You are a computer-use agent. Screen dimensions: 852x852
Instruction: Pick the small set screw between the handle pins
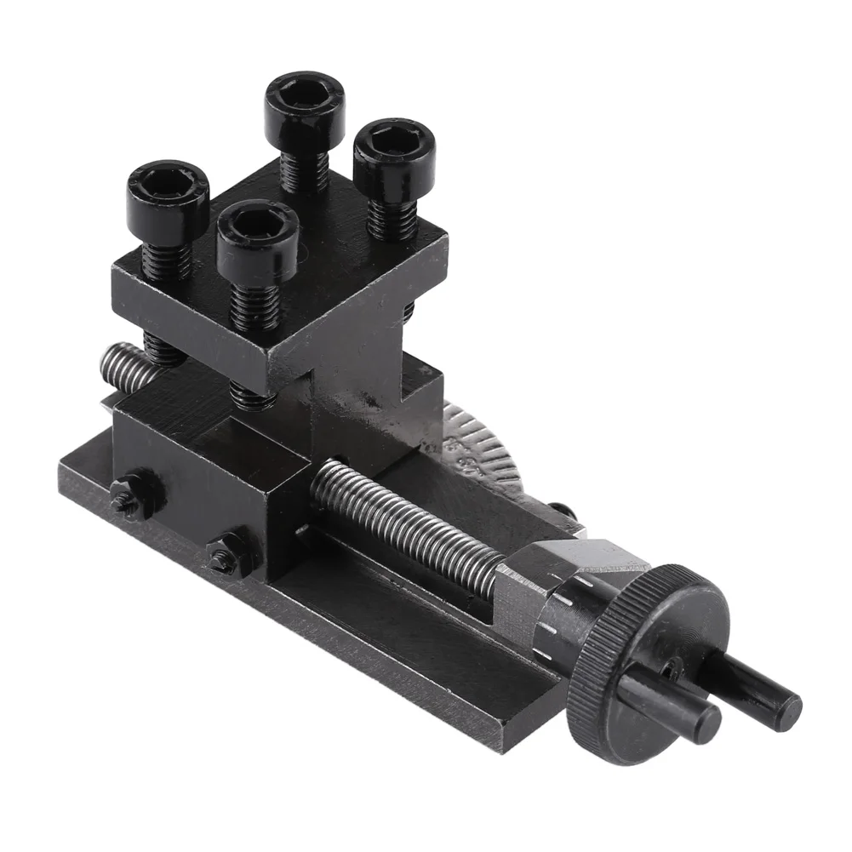click(x=672, y=672)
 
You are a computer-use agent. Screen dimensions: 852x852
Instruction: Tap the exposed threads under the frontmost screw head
click(x=255, y=306)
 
